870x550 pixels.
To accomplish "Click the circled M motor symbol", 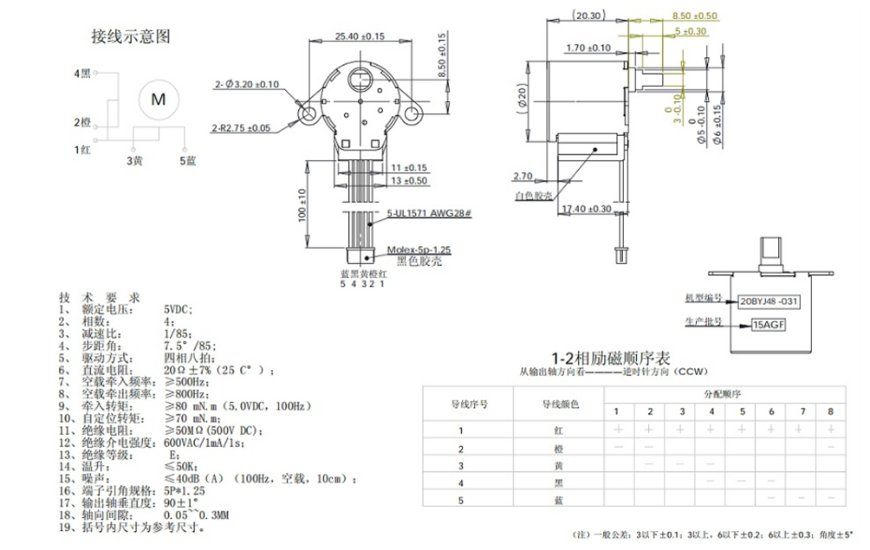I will [x=157, y=98].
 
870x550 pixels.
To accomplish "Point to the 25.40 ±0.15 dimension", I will [x=360, y=36].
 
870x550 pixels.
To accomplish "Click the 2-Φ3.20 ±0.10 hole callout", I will [x=248, y=84].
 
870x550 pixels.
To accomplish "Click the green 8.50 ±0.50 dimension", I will [x=695, y=16].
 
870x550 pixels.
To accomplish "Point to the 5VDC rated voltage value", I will [x=178, y=309].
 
